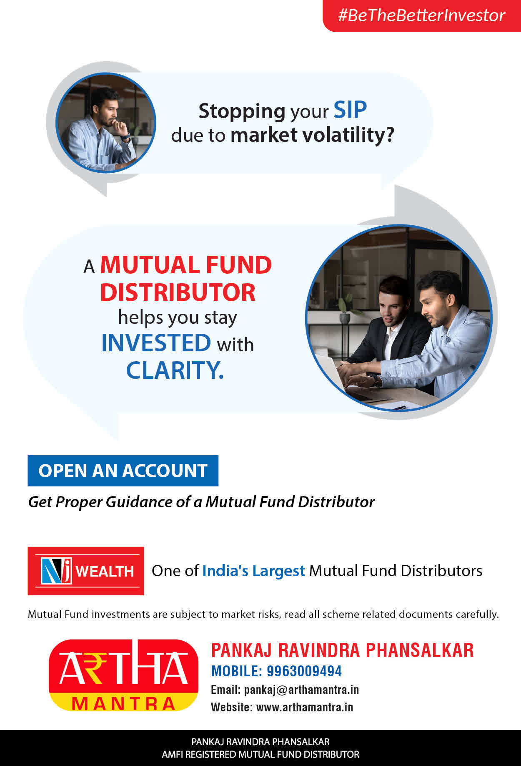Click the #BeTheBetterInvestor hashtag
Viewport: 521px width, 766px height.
tap(421, 15)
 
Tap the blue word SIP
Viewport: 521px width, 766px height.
tap(350, 111)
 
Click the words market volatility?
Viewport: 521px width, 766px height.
tap(312, 135)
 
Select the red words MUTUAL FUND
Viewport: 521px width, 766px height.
tap(186, 265)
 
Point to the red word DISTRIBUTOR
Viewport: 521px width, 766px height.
tap(178, 292)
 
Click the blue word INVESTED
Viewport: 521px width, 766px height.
tap(156, 343)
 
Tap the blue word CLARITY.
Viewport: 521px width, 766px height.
tap(175, 370)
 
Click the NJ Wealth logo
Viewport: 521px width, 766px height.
tap(86, 571)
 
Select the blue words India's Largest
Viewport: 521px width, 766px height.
tap(254, 571)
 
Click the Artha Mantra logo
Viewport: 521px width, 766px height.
tap(123, 675)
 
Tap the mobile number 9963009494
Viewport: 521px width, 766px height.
tap(304, 671)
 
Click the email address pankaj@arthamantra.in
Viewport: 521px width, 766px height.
tap(301, 690)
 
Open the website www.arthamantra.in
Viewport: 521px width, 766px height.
tap(305, 707)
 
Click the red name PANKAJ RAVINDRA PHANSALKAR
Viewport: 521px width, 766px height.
tap(342, 650)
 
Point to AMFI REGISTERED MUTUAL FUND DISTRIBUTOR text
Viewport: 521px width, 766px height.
tap(260, 754)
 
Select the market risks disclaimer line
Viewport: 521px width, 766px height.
tap(263, 615)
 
